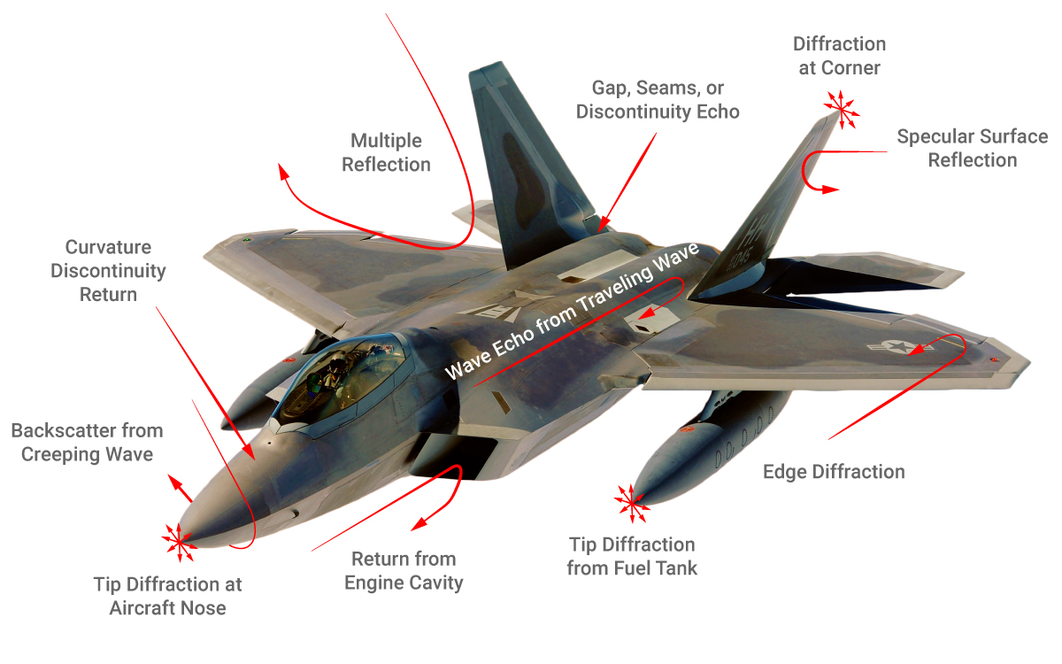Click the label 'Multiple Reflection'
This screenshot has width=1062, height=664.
coord(386,152)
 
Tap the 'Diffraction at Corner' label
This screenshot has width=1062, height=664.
coord(839,55)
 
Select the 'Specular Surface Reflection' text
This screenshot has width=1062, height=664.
coord(972,148)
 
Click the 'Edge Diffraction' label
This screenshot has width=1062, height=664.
coord(834,471)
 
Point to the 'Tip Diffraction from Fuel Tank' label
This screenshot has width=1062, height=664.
coord(632,556)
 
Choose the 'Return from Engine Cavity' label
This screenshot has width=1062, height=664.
coord(404,570)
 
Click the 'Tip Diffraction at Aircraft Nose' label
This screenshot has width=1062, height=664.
coord(167,596)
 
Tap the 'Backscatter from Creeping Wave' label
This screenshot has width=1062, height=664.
coord(87,442)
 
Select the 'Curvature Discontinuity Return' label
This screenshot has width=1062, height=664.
coord(108,270)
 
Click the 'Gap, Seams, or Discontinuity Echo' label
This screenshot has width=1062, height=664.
coord(658,100)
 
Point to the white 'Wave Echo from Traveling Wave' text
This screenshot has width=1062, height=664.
coord(572,312)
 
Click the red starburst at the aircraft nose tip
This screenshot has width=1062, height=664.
coord(178,541)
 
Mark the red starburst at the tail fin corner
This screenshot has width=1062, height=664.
coord(840,106)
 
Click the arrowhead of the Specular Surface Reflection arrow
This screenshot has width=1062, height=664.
coord(831,189)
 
